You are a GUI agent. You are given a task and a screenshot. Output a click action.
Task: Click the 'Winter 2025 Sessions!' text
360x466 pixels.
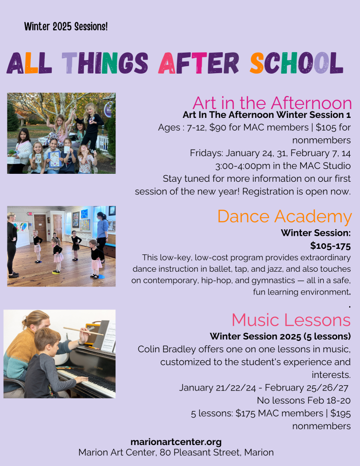point(66,27)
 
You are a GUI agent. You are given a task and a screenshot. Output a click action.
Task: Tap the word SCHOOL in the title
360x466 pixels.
point(297,63)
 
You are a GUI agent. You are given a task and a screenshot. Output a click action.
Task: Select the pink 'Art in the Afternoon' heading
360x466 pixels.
point(272,103)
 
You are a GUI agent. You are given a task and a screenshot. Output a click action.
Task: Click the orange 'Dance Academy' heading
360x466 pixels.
point(284,216)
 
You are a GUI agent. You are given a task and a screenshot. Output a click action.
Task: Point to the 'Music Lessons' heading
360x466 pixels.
point(291,320)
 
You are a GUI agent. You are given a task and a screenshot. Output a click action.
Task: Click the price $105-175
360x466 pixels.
point(330,246)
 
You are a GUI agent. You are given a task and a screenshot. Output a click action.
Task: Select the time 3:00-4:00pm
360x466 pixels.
point(243,166)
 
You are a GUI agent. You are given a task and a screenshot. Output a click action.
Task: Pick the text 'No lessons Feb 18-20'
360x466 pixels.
point(304,400)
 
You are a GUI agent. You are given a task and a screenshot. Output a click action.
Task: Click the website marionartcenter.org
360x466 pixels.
point(176,442)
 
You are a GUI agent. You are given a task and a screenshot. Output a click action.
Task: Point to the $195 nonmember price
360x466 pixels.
point(340,413)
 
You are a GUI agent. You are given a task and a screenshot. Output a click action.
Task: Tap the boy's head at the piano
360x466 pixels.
point(48,339)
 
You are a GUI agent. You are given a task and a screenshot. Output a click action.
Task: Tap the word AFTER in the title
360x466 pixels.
point(198,63)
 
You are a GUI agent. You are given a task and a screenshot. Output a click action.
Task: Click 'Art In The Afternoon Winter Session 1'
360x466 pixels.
point(267,115)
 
